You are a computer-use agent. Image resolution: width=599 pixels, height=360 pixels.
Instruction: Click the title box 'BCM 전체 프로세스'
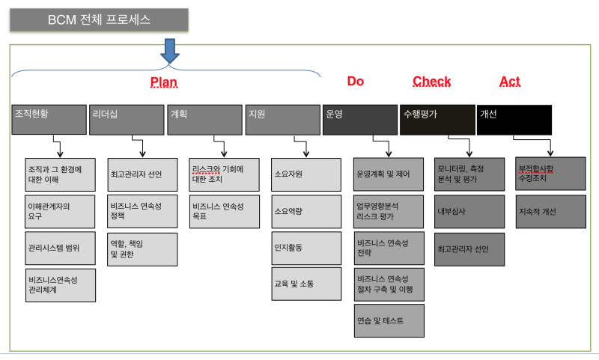coord(99,20)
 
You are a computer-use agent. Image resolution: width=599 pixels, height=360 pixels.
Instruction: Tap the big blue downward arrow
coord(170,51)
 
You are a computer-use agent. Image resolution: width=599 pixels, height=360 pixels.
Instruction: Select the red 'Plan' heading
coord(164,82)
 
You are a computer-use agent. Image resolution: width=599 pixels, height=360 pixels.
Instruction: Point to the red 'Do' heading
coord(355,82)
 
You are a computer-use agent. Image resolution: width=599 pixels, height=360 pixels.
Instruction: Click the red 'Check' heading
coord(432,82)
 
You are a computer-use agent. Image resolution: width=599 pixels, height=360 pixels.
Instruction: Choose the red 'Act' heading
coord(510,82)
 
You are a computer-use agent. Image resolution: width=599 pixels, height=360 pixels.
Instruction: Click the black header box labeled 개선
coord(514,120)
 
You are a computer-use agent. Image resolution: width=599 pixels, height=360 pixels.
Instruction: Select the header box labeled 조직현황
coord(49,120)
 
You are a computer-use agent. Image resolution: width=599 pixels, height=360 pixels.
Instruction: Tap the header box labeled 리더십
coord(127,120)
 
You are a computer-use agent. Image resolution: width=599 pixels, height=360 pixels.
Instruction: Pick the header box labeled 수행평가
coord(437,120)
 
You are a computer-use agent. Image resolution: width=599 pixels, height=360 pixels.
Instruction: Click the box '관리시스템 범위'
coord(61,248)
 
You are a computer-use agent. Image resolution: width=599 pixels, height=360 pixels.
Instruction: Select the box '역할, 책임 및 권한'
coord(142,249)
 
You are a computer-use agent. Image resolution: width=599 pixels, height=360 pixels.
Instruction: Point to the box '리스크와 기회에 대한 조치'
coord(224,174)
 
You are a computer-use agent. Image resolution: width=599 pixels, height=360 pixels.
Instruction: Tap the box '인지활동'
coord(306,248)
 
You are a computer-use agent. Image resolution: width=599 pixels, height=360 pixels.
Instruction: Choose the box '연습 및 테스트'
coord(389,320)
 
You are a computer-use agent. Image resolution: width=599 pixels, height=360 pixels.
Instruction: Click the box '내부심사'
coord(469,212)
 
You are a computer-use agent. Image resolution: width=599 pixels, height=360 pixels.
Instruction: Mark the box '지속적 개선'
coord(551,212)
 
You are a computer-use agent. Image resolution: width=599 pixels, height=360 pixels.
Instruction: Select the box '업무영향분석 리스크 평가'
coord(389,212)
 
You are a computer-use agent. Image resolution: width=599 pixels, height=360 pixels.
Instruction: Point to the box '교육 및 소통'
coord(306,284)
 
